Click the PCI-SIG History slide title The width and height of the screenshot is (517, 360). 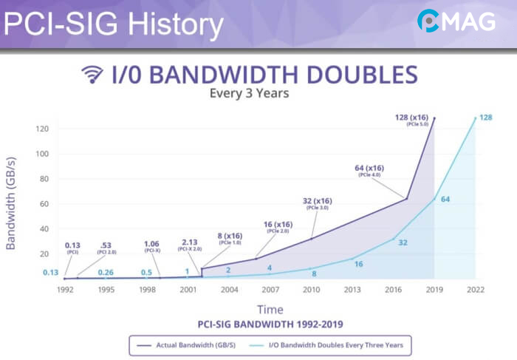pyautogui.click(x=112, y=25)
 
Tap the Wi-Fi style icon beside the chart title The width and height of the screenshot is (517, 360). pyautogui.click(x=92, y=75)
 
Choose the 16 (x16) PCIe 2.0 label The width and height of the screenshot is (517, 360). pyautogui.click(x=278, y=227)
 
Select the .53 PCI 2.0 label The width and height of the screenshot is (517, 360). pyautogui.click(x=107, y=248)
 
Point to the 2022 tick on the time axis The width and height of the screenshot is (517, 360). pyautogui.click(x=474, y=290)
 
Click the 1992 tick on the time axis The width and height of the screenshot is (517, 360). pyautogui.click(x=66, y=290)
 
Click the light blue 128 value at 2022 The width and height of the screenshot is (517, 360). pyautogui.click(x=485, y=118)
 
